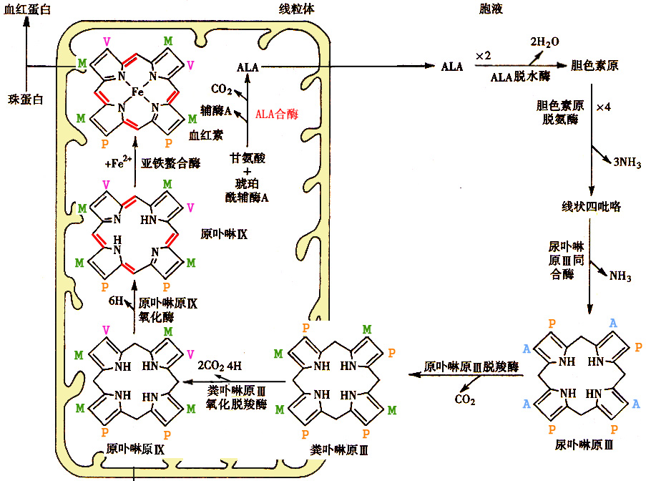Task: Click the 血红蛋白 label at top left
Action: tap(27, 9)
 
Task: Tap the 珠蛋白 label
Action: tap(26, 99)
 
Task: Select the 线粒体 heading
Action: tap(297, 9)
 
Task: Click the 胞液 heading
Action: tap(491, 9)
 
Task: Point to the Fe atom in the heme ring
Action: tap(137, 92)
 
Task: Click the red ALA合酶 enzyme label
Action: tap(276, 114)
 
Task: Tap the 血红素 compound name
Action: tap(206, 135)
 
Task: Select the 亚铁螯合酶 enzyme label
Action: tap(170, 163)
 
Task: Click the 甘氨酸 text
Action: tap(248, 158)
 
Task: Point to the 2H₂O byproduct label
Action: tap(544, 42)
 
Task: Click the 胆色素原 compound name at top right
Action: tap(594, 66)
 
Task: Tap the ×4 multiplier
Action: tap(604, 107)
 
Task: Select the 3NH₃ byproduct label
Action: tap(627, 162)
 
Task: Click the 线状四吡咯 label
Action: tap(591, 206)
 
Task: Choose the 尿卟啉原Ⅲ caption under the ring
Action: tap(584, 444)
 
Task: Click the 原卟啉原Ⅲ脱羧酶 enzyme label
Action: tap(471, 366)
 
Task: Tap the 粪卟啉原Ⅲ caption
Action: tap(339, 450)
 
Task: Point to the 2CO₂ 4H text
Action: tap(220, 366)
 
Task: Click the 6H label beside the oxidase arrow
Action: tap(116, 301)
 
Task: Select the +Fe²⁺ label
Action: tap(118, 162)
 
